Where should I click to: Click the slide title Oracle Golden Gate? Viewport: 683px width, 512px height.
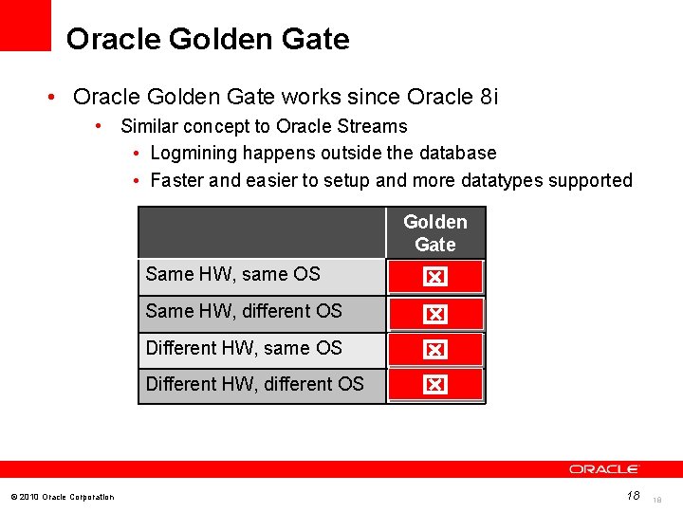tap(208, 39)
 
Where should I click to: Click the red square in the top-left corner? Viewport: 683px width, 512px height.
tap(26, 25)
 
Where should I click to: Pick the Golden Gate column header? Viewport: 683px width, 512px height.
tap(435, 233)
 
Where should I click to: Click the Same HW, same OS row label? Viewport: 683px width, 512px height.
tap(233, 275)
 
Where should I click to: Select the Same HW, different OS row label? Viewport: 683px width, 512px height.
tap(244, 311)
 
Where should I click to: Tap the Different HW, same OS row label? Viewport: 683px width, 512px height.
tap(244, 348)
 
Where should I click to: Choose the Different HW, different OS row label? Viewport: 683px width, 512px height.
tap(254, 384)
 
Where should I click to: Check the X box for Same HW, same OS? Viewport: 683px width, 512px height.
tap(434, 278)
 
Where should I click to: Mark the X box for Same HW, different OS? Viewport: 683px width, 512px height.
tap(434, 314)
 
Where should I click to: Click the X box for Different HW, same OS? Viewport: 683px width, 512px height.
tap(434, 350)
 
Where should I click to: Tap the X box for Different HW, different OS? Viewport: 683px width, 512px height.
tap(434, 385)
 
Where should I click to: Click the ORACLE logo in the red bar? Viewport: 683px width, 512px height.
tap(604, 469)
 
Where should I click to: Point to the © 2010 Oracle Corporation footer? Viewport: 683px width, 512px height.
tap(62, 497)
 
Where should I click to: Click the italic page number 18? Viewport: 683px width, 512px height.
tap(633, 495)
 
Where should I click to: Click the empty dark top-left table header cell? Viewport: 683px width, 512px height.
tap(262, 232)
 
